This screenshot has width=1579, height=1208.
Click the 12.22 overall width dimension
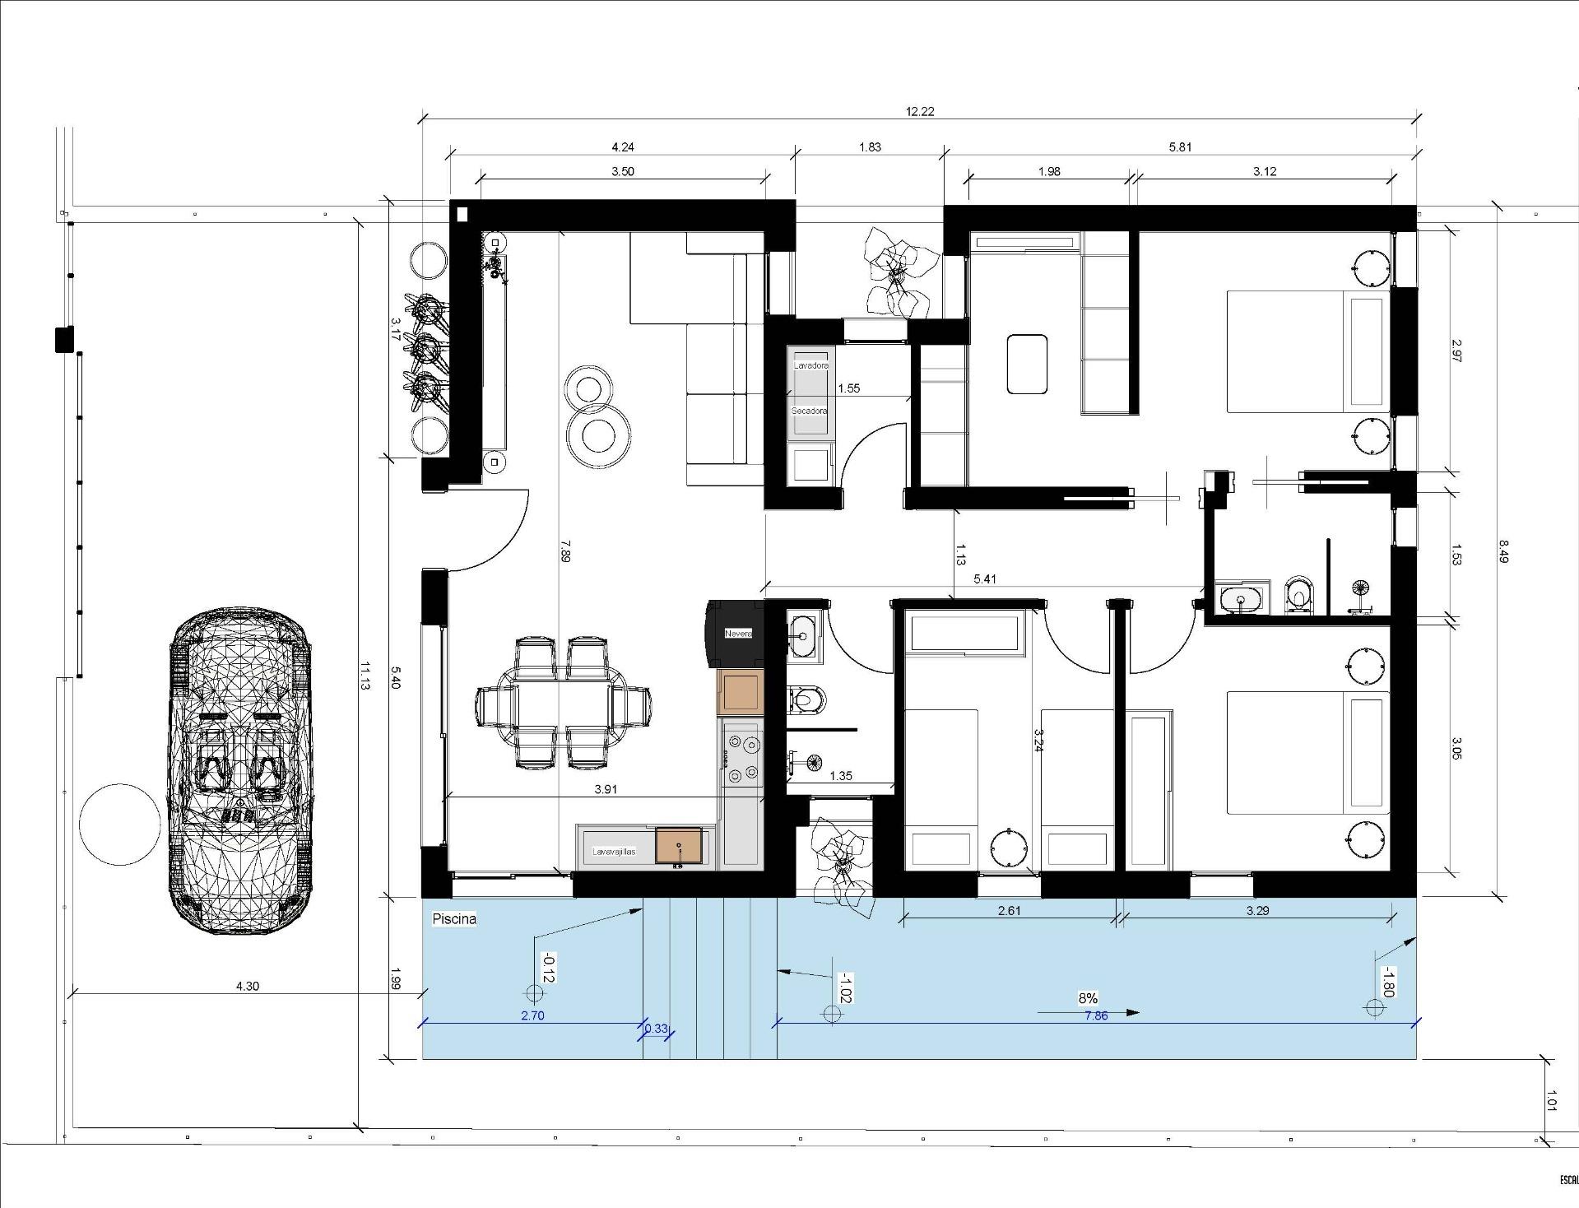point(919,112)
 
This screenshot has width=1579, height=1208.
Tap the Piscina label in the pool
point(454,919)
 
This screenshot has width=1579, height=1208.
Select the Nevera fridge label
point(738,634)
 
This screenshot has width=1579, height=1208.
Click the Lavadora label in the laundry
point(810,365)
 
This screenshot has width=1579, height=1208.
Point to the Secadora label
point(809,411)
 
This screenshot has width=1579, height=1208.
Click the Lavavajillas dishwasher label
point(614,852)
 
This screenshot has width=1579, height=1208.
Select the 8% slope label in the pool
point(1088,998)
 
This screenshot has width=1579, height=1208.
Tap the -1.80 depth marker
point(1386,982)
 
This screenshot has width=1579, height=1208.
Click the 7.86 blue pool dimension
point(1096,1016)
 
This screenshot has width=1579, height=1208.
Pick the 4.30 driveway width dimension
point(247,986)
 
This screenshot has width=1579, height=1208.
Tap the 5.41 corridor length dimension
point(984,579)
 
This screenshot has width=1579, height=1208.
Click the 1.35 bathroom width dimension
point(841,776)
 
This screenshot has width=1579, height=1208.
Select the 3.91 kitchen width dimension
point(606,789)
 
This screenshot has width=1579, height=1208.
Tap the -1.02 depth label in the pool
point(845,987)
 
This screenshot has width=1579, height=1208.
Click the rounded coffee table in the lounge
point(1028,364)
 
